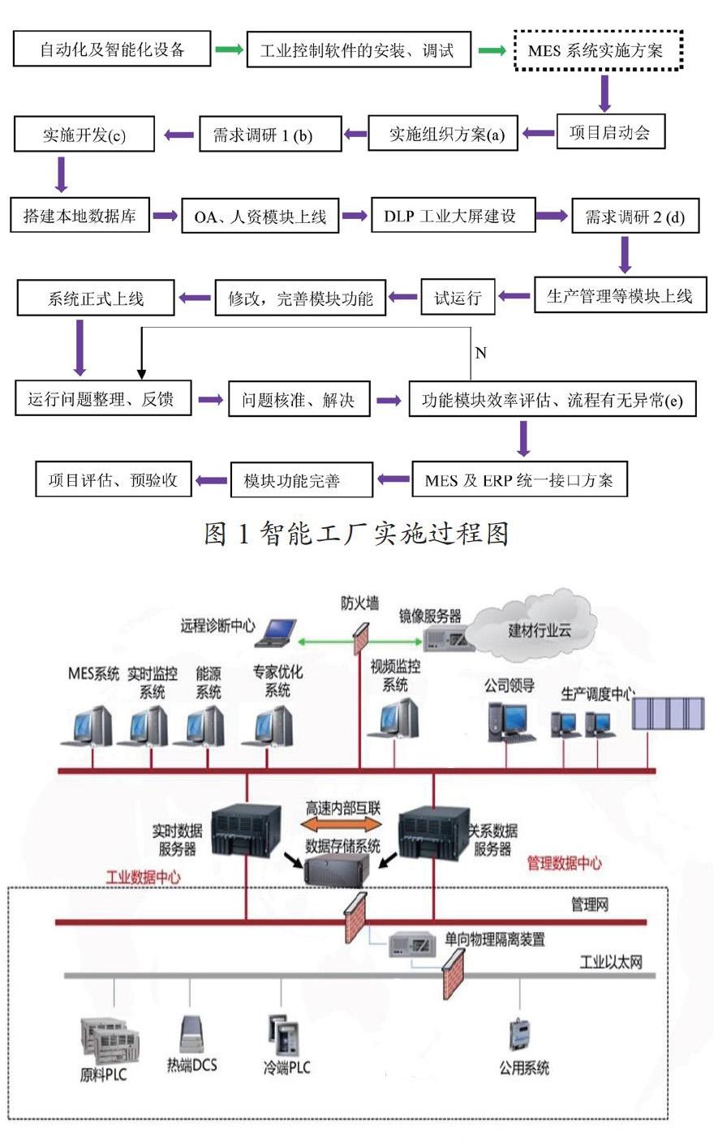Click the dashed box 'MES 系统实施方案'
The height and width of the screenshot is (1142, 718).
pyautogui.click(x=599, y=50)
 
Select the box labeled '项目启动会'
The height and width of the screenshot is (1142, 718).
pyautogui.click(x=610, y=132)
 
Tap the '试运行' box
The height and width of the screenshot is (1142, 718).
pyautogui.click(x=458, y=298)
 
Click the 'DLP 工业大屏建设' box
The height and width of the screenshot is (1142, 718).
pyautogui.click(x=449, y=217)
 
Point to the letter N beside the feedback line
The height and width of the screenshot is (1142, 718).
pyautogui.click(x=480, y=353)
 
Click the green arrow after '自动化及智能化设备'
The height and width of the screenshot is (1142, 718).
pyautogui.click(x=229, y=50)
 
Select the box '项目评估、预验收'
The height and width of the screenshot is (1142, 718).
pyautogui.click(x=113, y=479)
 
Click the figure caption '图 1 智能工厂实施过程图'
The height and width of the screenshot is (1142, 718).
pyautogui.click(x=357, y=533)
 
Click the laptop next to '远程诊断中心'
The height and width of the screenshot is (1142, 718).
pyautogui.click(x=276, y=633)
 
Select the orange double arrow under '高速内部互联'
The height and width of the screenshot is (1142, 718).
pyautogui.click(x=342, y=825)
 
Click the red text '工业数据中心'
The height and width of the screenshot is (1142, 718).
pyautogui.click(x=144, y=877)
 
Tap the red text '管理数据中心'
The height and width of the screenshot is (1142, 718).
pyautogui.click(x=565, y=863)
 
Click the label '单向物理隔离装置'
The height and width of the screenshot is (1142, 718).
pyautogui.click(x=495, y=939)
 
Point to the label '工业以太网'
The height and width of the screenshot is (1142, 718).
pyautogui.click(x=611, y=962)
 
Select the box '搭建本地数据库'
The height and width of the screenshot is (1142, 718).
pyautogui.click(x=80, y=217)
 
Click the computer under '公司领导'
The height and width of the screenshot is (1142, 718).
pyautogui.click(x=509, y=720)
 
